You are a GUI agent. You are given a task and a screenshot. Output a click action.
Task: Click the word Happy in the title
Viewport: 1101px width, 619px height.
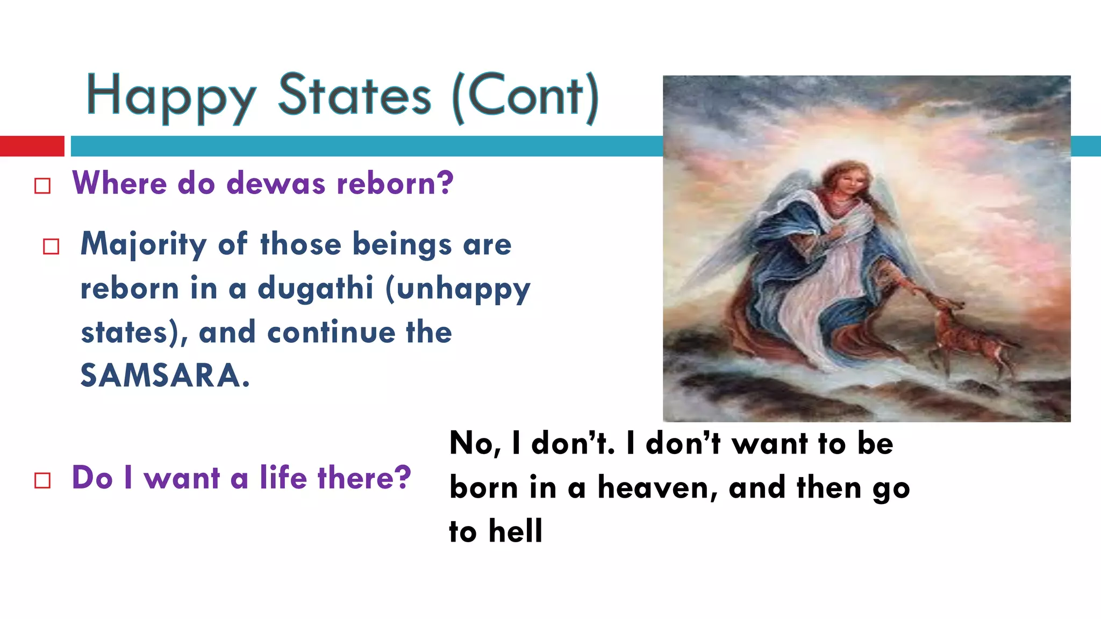pos(171,97)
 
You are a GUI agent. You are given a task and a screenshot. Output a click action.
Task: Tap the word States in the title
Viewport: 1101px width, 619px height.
pos(354,96)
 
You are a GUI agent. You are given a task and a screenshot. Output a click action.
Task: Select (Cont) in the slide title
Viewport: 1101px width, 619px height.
pos(525,97)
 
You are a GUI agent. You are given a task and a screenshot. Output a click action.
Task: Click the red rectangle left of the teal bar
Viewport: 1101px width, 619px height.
pos(32,146)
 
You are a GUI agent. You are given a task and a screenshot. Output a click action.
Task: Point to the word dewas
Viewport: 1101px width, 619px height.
pos(276,183)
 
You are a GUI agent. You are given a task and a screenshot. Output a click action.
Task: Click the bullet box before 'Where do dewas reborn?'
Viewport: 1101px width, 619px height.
pos(42,186)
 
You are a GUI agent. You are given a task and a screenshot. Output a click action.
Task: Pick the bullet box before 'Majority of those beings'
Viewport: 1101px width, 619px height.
pos(51,247)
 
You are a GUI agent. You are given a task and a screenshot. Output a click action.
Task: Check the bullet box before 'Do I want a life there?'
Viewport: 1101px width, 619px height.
pos(42,480)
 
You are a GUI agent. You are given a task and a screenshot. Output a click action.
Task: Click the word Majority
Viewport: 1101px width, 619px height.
pos(144,244)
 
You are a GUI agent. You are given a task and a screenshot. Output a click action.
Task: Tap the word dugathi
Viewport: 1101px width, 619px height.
pos(316,289)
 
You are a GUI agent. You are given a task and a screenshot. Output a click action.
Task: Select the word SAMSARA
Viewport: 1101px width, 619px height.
pos(165,375)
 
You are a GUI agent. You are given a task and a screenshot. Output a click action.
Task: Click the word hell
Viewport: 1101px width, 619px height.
pos(516,531)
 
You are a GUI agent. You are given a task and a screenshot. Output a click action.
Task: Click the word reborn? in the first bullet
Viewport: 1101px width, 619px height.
pos(395,183)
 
